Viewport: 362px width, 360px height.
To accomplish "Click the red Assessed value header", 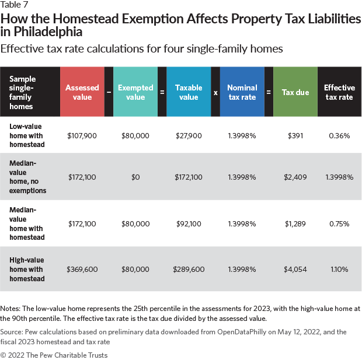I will (82, 92).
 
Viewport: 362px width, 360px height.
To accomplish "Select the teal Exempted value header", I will (135, 92).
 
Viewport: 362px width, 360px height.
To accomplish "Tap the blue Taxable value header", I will (189, 92).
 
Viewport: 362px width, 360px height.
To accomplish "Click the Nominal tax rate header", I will (242, 92).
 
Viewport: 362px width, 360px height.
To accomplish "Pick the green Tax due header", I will (295, 92).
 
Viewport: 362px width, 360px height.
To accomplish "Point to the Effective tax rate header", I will (339, 92).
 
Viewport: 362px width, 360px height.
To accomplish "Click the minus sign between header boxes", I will (109, 92).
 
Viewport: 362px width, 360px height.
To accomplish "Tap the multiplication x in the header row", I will (215, 92).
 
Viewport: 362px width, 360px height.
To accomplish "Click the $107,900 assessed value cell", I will (82, 135).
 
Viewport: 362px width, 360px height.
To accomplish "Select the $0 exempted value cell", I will (135, 177).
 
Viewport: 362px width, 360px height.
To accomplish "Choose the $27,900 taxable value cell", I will (189, 135).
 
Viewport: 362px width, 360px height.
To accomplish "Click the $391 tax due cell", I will (295, 135).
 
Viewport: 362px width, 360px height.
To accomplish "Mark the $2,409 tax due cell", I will (295, 177).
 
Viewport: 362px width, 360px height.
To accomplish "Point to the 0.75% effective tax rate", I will (339, 223).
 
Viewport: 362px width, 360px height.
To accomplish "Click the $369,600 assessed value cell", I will (82, 269).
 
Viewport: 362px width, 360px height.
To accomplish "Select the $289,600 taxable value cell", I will (189, 269).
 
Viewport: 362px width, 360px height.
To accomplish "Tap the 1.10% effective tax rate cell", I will (339, 269).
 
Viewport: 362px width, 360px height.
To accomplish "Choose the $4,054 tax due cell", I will (295, 269).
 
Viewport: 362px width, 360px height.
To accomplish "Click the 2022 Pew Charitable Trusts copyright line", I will (54, 354).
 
